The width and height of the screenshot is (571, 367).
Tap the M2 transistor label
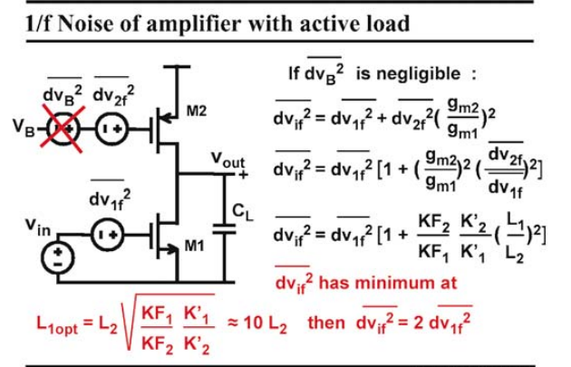click(197, 111)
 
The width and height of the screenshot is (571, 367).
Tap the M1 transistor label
click(194, 246)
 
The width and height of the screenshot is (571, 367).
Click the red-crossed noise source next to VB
click(63, 129)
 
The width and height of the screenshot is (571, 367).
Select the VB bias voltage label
click(24, 128)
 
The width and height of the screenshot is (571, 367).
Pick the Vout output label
click(228, 160)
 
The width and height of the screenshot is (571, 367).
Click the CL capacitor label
click(242, 212)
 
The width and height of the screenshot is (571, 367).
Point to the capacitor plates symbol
click(224, 228)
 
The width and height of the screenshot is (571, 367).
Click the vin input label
click(38, 227)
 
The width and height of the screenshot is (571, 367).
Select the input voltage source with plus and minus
click(57, 257)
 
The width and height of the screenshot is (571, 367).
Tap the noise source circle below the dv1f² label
click(108, 235)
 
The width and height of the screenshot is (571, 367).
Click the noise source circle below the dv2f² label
click(111, 129)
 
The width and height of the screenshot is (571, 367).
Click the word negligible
click(408, 75)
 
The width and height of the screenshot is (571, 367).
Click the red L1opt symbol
click(57, 324)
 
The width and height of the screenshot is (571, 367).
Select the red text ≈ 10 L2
click(257, 324)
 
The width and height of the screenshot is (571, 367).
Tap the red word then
click(326, 323)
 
